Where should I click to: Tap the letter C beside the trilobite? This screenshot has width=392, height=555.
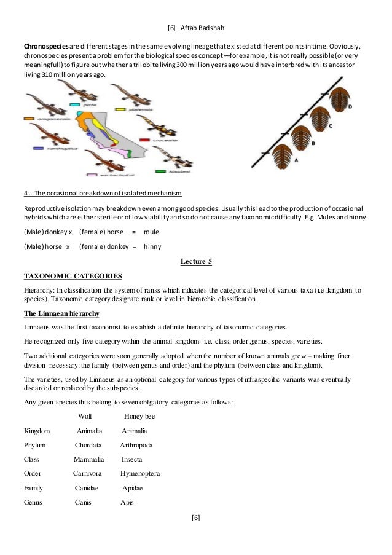point(330,126)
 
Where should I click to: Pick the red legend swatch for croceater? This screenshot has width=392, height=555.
point(146,139)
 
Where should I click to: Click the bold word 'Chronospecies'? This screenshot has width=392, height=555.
point(41,47)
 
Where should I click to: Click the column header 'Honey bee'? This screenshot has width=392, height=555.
point(139,416)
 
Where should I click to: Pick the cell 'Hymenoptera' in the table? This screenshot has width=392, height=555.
point(140,473)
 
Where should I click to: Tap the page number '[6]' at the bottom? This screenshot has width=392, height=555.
point(195,518)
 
